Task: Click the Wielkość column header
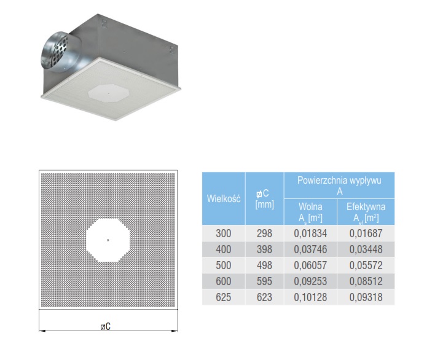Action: pyautogui.click(x=224, y=198)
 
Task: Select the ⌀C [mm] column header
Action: pyautogui.click(x=264, y=198)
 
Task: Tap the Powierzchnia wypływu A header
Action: pyautogui.click(x=339, y=186)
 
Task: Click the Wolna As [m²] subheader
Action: pyautogui.click(x=310, y=212)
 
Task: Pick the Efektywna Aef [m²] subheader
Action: pyautogui.click(x=366, y=212)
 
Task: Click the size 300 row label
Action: pyautogui.click(x=223, y=233)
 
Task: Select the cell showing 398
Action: pyautogui.click(x=264, y=249)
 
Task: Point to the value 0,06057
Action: pyautogui.click(x=310, y=265)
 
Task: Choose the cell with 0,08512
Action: pyautogui.click(x=366, y=281)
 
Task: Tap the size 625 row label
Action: pyautogui.click(x=223, y=297)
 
